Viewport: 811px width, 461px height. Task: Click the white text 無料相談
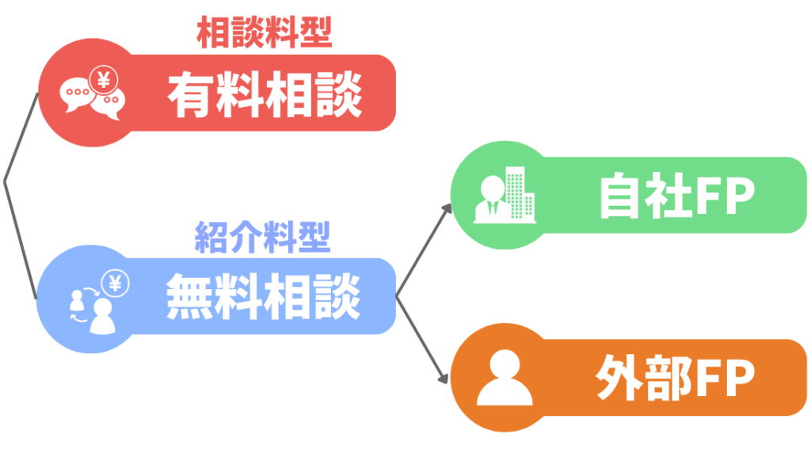263,297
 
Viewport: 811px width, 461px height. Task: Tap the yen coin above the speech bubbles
103,79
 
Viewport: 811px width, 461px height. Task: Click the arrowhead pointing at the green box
447,208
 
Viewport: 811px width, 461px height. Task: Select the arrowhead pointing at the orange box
444,379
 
